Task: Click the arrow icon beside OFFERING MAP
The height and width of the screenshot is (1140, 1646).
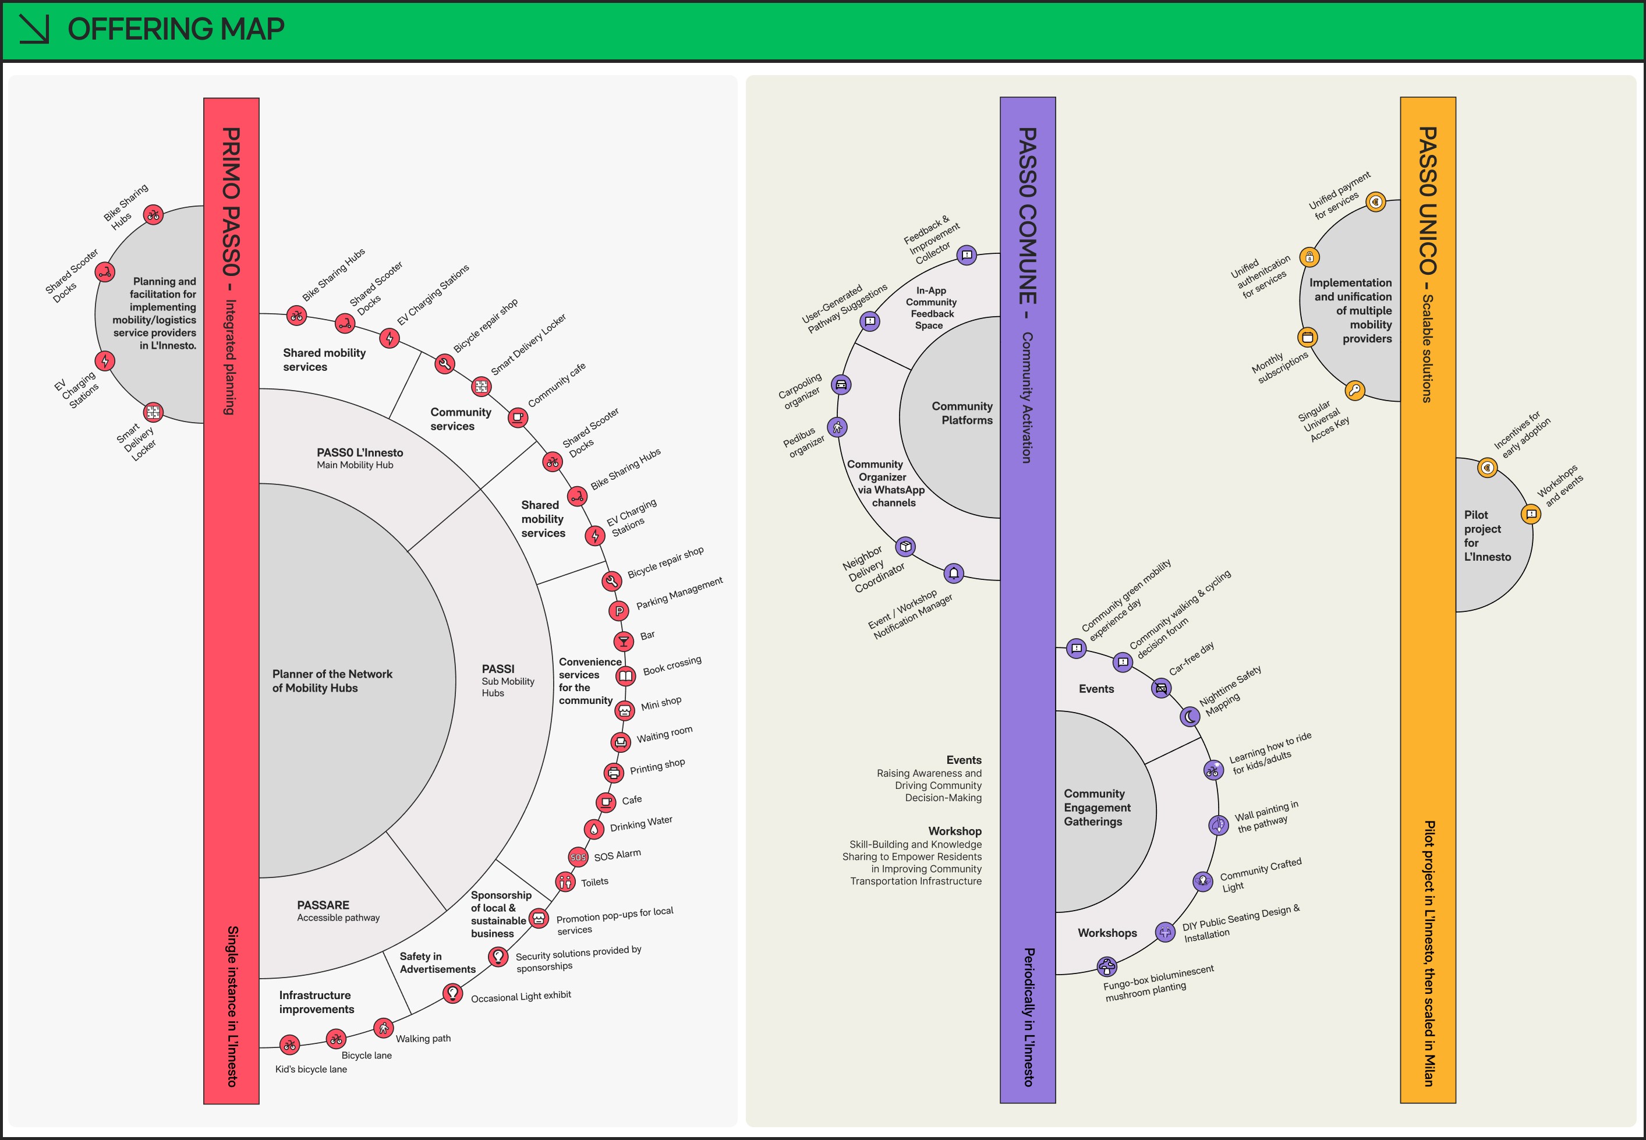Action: (x=34, y=29)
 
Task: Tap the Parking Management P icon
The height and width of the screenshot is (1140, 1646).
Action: (x=619, y=611)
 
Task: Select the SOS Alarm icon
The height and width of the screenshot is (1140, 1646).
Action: (x=578, y=857)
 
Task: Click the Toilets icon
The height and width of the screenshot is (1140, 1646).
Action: (x=565, y=882)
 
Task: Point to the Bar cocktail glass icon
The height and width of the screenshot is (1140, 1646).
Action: (x=624, y=640)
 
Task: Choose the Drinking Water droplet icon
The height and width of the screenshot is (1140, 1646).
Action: (x=594, y=829)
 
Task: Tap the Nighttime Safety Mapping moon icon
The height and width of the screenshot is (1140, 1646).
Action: (x=1190, y=716)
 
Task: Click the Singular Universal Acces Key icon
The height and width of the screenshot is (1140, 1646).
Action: (x=1355, y=391)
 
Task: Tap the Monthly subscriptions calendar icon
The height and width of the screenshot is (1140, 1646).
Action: (x=1308, y=337)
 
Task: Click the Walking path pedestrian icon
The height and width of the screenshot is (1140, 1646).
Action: (x=384, y=1028)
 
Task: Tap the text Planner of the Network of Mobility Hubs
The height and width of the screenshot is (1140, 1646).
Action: (x=332, y=681)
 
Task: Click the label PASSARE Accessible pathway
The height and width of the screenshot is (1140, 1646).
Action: (x=338, y=911)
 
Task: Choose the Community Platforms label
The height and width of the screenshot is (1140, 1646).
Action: (x=962, y=413)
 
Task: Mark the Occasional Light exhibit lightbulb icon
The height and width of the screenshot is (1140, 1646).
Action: (x=452, y=993)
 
